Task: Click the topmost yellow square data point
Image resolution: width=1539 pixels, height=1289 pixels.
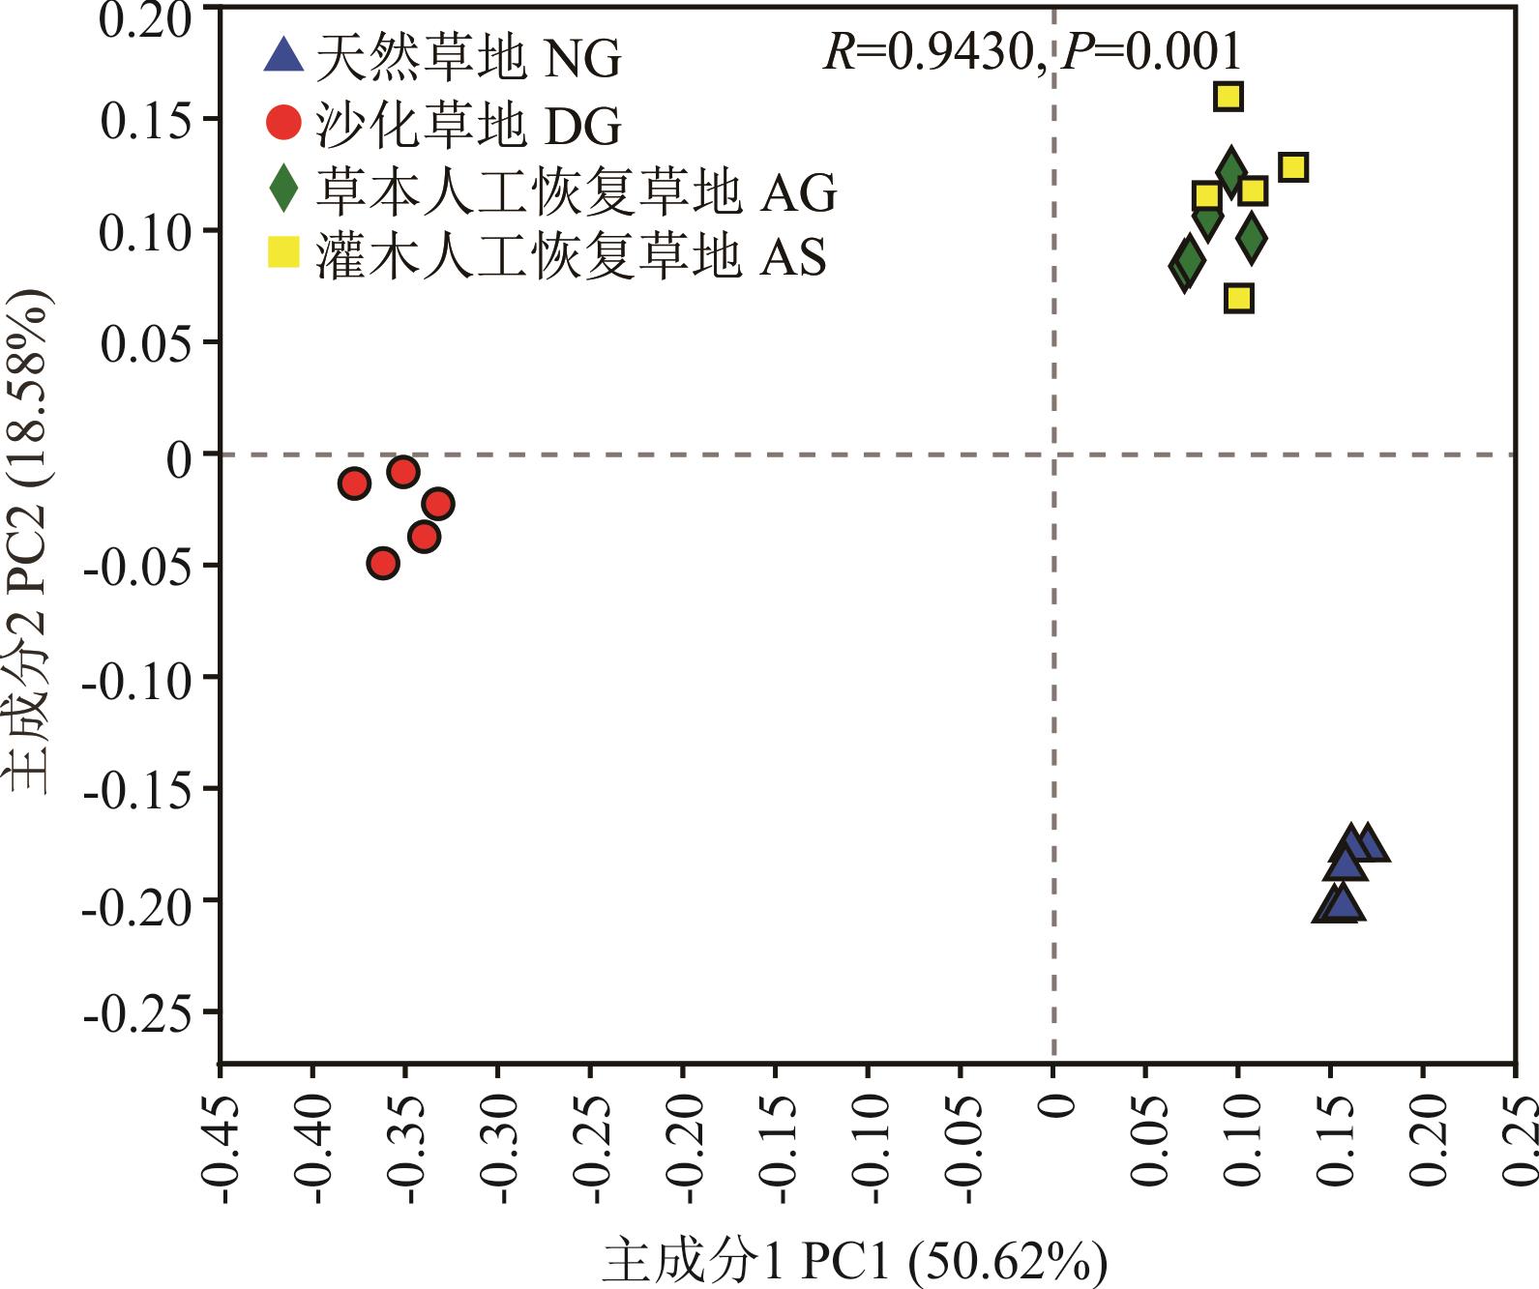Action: [x=1228, y=96]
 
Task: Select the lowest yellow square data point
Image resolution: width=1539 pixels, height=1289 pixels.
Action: [x=1239, y=298]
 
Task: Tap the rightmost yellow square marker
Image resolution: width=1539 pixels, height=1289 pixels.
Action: [x=1293, y=167]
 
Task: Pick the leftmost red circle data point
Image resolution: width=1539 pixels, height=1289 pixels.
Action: [x=355, y=483]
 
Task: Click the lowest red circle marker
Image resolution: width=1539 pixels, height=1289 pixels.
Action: [x=383, y=563]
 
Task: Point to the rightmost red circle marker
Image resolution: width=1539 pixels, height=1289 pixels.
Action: [x=438, y=504]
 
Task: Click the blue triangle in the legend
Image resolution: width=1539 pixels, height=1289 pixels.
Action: [x=283, y=55]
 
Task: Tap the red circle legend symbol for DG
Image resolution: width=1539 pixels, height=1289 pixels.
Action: [x=283, y=123]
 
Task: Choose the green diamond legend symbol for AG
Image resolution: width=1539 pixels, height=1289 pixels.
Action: [x=283, y=189]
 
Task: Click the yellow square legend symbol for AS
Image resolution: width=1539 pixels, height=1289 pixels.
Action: [x=283, y=253]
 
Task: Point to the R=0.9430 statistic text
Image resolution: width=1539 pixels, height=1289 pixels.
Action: [x=929, y=51]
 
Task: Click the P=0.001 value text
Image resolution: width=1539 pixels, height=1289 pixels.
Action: [x=1151, y=51]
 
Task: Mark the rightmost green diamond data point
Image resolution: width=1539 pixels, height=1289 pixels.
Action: [x=1252, y=238]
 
